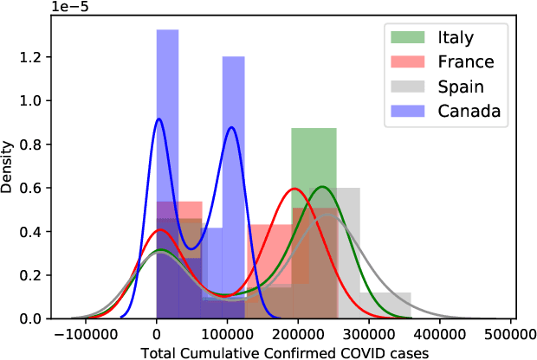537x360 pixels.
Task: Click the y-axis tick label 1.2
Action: [38, 57]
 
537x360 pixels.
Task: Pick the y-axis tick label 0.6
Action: [38, 188]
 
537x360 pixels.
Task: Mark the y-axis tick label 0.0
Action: [38, 318]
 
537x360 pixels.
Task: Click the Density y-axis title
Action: [11, 165]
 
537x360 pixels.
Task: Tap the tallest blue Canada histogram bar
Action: [167, 173]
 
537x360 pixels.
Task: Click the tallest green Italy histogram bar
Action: [314, 216]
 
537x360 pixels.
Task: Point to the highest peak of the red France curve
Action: [294, 189]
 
